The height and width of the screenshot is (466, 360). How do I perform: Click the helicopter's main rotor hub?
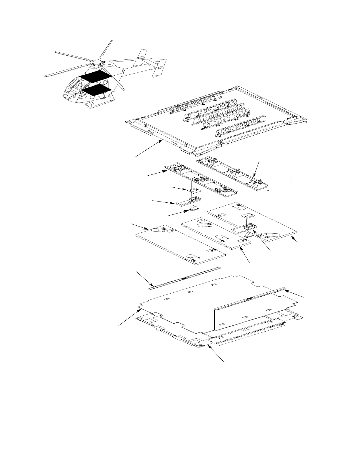coord(97,62)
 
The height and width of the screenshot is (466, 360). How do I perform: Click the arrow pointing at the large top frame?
coord(149,149)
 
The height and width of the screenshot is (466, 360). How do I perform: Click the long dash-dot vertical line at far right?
coord(290,179)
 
